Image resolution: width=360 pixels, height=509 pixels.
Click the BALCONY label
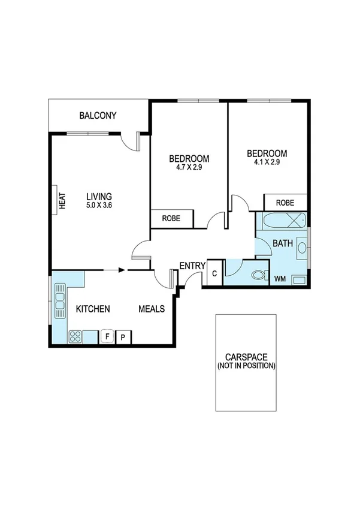98,116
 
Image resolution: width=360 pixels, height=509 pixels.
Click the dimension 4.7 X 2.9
189,167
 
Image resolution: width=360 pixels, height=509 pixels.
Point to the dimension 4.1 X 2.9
267,162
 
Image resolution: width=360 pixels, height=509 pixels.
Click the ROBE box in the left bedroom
172,219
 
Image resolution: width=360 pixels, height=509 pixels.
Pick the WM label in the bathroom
280,279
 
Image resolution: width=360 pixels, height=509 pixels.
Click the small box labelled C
214,275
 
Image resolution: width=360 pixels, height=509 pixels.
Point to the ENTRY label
193,266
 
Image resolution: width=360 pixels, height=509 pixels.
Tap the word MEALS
153,309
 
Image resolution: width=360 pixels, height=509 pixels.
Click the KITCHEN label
93,309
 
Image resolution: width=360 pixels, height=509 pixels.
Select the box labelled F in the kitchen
107,336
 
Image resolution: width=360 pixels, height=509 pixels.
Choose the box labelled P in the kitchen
123,336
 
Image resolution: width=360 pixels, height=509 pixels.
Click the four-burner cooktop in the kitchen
75,336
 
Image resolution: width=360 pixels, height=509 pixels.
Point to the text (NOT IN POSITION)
246,365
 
